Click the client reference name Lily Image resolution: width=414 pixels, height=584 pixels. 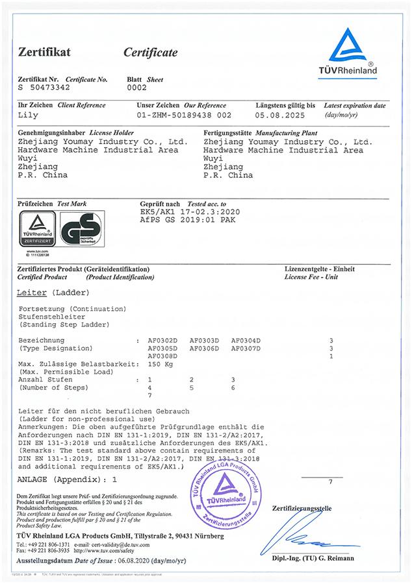click(29, 115)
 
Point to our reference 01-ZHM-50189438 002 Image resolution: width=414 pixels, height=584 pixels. click(184, 115)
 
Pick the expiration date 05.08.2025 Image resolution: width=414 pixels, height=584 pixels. click(283, 115)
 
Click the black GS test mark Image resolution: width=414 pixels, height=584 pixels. click(81, 232)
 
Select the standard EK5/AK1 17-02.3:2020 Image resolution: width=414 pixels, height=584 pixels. click(190, 212)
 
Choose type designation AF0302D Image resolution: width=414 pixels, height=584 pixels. click(162, 341)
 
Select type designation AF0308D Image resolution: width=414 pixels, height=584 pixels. click(162, 356)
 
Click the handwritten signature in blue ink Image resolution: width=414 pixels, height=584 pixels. click(314, 538)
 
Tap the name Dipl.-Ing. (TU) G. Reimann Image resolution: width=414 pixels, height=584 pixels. click(313, 559)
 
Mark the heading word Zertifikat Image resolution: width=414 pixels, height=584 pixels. click(44, 52)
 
